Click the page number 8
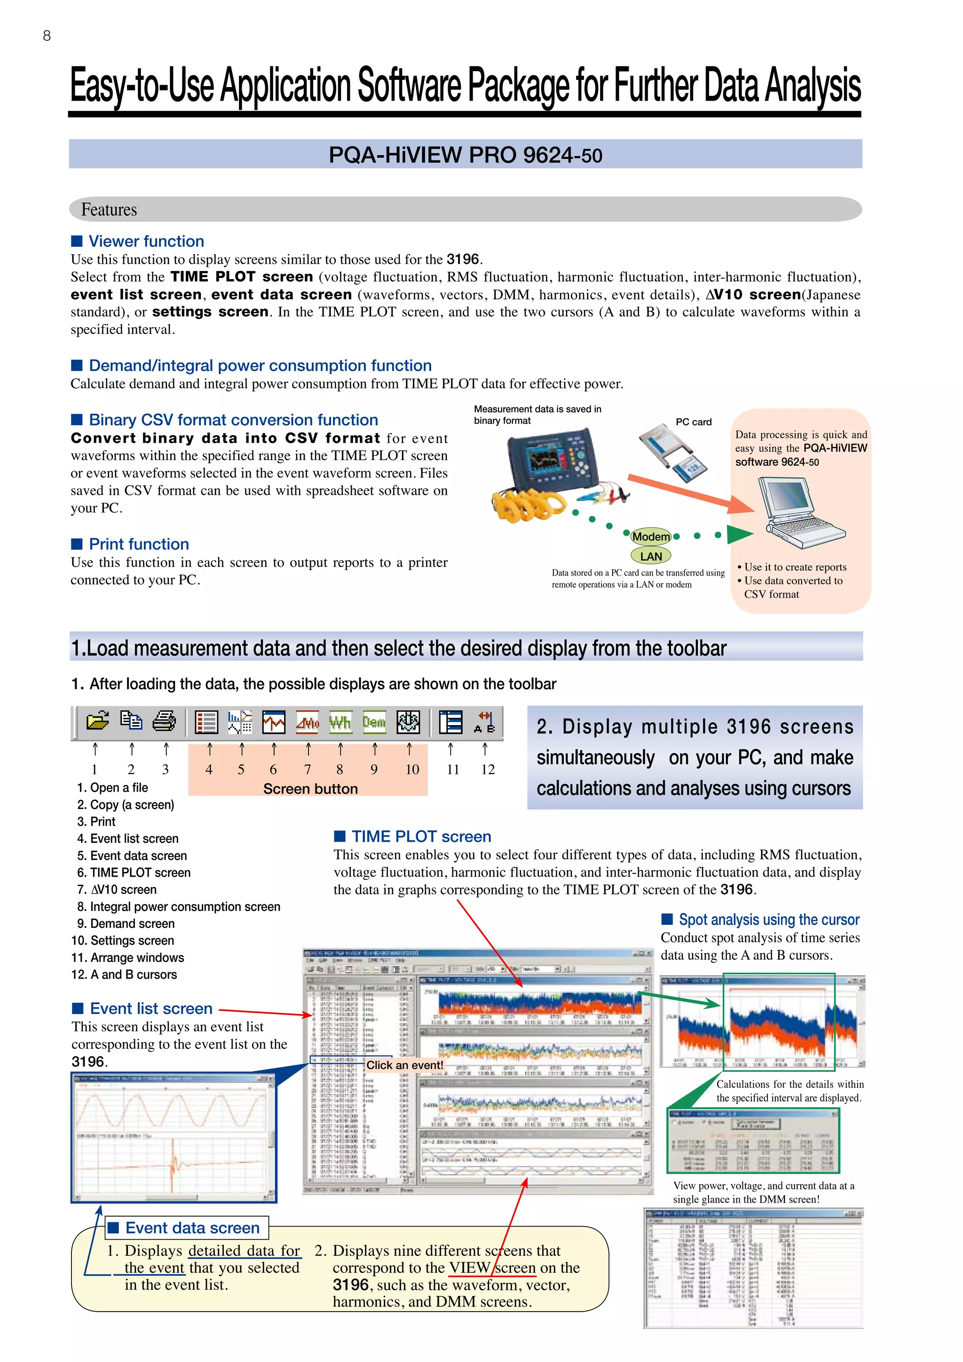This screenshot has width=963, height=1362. [x=47, y=36]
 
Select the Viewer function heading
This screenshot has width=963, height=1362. [x=146, y=241]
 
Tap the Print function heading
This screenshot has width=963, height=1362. [x=139, y=544]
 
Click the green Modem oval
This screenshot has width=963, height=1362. [x=650, y=537]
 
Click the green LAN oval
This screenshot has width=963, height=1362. [x=650, y=556]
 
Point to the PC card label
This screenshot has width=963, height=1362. [x=693, y=422]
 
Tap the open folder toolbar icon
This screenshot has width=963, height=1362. [x=98, y=721]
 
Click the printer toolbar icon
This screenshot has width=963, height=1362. [x=164, y=721]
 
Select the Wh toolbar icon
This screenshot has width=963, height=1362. [x=340, y=722]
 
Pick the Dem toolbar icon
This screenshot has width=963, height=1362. [x=374, y=722]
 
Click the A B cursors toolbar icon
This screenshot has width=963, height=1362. [x=484, y=722]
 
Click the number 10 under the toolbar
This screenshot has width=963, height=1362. [x=412, y=769]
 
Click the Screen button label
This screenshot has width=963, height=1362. [x=310, y=789]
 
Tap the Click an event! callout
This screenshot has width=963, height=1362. [x=404, y=1065]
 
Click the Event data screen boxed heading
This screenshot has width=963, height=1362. [x=192, y=1227]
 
